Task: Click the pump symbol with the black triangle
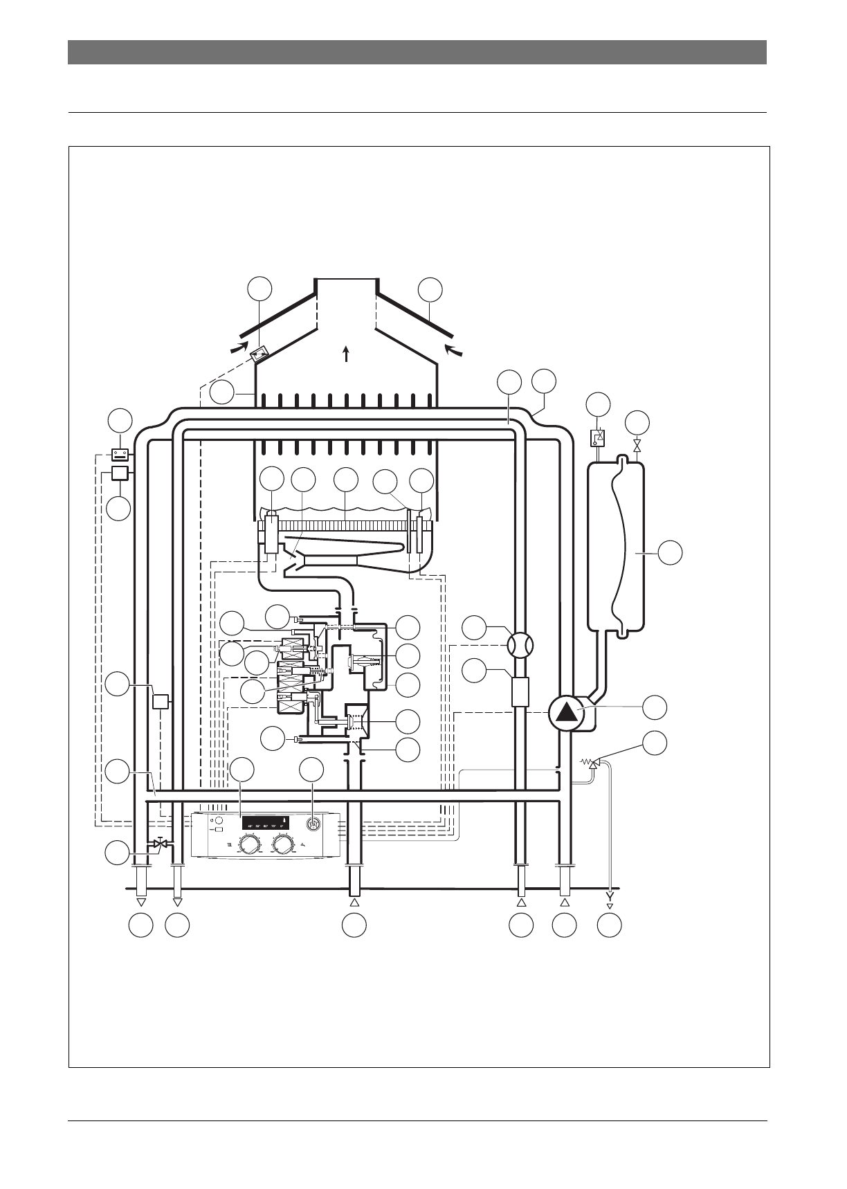click(566, 713)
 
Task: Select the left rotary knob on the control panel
click(245, 844)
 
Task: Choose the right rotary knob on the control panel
click(284, 844)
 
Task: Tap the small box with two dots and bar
click(121, 455)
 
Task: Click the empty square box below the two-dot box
click(121, 473)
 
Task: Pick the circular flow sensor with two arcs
click(520, 646)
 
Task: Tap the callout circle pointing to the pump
click(655, 707)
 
